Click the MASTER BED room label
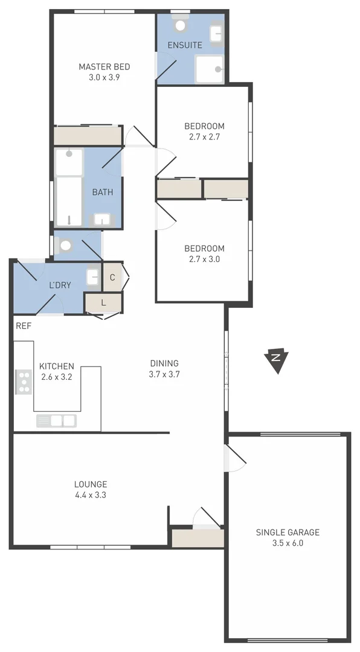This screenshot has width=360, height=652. (x=104, y=66)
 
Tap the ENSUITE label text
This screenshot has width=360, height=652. (x=185, y=45)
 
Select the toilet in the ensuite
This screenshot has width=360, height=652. (x=179, y=25)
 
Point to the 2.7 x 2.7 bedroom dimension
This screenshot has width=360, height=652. (x=204, y=137)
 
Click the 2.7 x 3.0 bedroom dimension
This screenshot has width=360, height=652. (x=204, y=260)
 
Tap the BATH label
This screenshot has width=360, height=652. (x=102, y=192)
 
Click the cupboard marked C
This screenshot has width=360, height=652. (x=112, y=278)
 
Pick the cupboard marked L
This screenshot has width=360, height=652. (x=103, y=302)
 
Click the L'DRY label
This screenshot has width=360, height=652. (x=60, y=285)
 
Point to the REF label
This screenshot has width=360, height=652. (x=24, y=325)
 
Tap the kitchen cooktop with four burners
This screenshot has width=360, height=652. (x=24, y=382)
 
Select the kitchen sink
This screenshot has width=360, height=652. (x=57, y=421)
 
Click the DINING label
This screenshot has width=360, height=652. (x=164, y=363)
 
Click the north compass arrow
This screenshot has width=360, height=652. (x=277, y=360)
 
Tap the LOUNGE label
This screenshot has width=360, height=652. (x=91, y=484)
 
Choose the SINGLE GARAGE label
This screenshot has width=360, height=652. (x=288, y=532)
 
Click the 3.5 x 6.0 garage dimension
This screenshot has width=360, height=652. (x=288, y=543)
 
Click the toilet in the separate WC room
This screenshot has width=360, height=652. (x=66, y=245)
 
